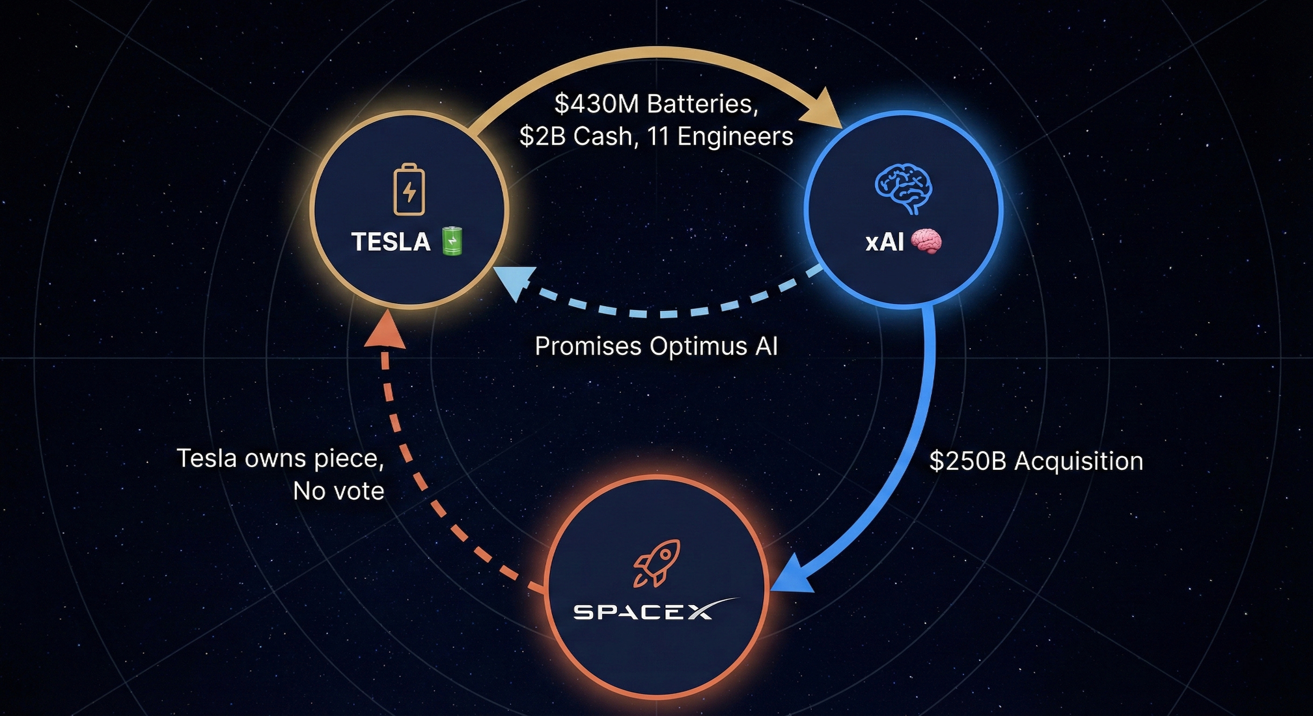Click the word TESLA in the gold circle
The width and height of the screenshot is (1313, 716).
(x=390, y=241)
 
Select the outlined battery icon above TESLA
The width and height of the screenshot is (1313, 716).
(x=409, y=189)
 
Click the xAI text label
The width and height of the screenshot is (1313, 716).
(x=885, y=242)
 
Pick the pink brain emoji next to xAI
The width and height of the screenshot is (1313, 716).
(x=926, y=241)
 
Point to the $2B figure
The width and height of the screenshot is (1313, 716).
(x=542, y=136)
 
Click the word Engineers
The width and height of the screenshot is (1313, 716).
(x=735, y=136)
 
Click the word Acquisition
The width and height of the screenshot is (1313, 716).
(x=1078, y=461)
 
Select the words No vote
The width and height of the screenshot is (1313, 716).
(x=339, y=491)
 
